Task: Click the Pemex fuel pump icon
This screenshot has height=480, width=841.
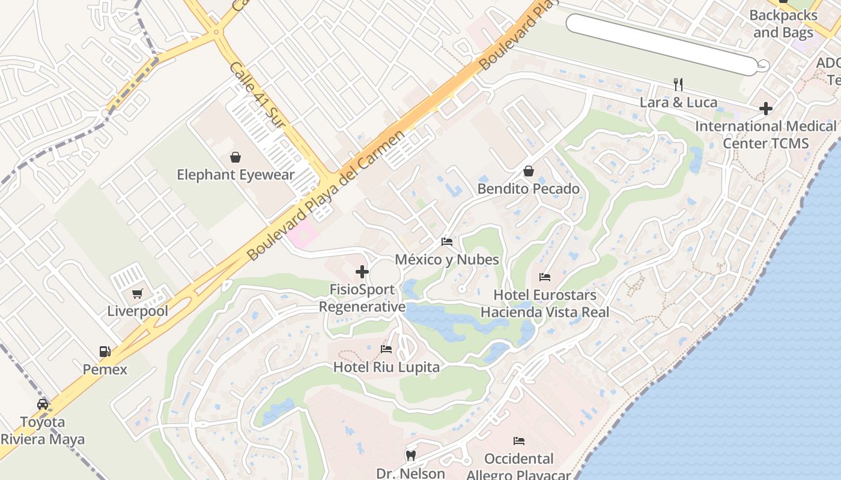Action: (105, 352)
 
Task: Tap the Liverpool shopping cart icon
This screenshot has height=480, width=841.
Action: (138, 293)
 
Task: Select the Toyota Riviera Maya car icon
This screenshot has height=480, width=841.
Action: (43, 404)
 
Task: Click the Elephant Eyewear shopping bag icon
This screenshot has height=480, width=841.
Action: (235, 157)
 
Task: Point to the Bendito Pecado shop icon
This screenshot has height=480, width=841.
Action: (529, 171)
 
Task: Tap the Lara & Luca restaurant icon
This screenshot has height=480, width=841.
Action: (678, 84)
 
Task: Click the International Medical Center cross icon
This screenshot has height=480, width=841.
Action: (765, 109)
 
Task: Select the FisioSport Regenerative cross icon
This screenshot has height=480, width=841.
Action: (362, 272)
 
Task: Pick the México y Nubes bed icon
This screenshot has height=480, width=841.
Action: (447, 242)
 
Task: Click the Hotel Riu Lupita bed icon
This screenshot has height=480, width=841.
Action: (386, 349)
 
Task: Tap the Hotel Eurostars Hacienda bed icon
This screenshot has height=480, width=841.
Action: (545, 277)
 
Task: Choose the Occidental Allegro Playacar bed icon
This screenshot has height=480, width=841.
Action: (519, 441)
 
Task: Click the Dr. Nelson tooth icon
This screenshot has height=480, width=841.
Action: (411, 455)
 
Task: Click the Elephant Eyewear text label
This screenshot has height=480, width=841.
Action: (235, 175)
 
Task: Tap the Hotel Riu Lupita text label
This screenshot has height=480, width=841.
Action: (386, 367)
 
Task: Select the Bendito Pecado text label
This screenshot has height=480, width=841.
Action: (529, 189)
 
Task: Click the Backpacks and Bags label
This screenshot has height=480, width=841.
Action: (783, 24)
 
